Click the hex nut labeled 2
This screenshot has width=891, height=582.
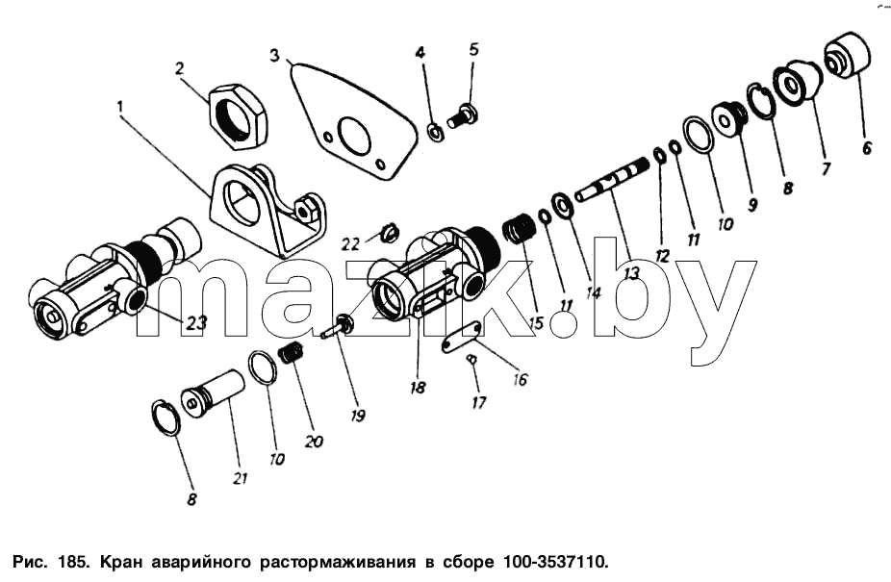pyautogui.click(x=238, y=115)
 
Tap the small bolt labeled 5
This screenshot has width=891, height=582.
pyautogui.click(x=463, y=115)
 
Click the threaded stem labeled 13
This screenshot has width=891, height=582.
pyautogui.click(x=613, y=180)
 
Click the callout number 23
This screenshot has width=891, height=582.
pyautogui.click(x=194, y=323)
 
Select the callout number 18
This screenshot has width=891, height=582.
pyautogui.click(x=417, y=388)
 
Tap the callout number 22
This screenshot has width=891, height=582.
pyautogui.click(x=350, y=244)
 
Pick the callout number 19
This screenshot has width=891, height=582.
pyautogui.click(x=357, y=416)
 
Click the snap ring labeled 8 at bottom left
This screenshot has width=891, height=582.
pyautogui.click(x=166, y=418)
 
